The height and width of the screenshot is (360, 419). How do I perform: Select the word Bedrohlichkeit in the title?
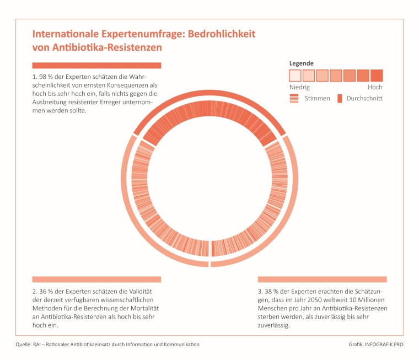222,34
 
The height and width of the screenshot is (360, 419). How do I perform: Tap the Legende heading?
302,63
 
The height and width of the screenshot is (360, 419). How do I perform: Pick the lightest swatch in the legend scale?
295,76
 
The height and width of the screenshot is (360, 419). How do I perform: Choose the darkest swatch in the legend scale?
377,76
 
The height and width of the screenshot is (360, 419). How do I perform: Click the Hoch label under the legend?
375,87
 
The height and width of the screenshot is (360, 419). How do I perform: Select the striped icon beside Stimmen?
294,98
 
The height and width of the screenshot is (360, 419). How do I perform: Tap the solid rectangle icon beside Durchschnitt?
340,98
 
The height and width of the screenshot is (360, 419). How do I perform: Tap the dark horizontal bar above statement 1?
96,66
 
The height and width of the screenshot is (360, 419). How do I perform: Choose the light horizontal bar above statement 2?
96,279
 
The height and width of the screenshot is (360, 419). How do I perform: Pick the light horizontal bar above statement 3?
322,279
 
